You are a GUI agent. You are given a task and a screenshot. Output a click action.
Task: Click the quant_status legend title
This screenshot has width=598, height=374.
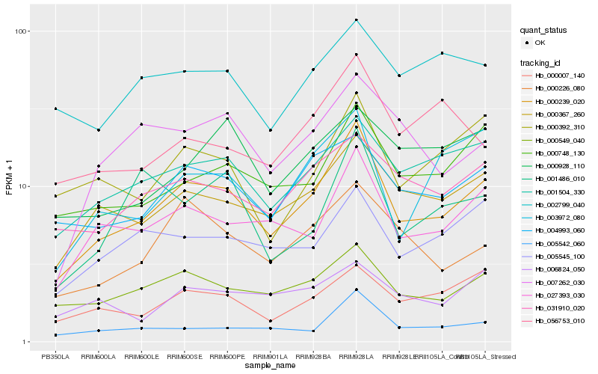[544, 31]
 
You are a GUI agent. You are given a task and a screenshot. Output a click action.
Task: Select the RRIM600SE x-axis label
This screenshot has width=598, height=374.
[185, 358]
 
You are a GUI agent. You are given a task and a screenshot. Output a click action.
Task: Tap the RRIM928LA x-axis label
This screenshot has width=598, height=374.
[357, 358]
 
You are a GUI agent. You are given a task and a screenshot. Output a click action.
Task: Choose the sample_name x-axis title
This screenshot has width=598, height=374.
[270, 367]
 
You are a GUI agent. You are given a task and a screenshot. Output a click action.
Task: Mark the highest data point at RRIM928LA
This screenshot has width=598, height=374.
[357, 20]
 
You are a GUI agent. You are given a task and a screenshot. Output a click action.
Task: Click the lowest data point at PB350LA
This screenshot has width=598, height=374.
[55, 335]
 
